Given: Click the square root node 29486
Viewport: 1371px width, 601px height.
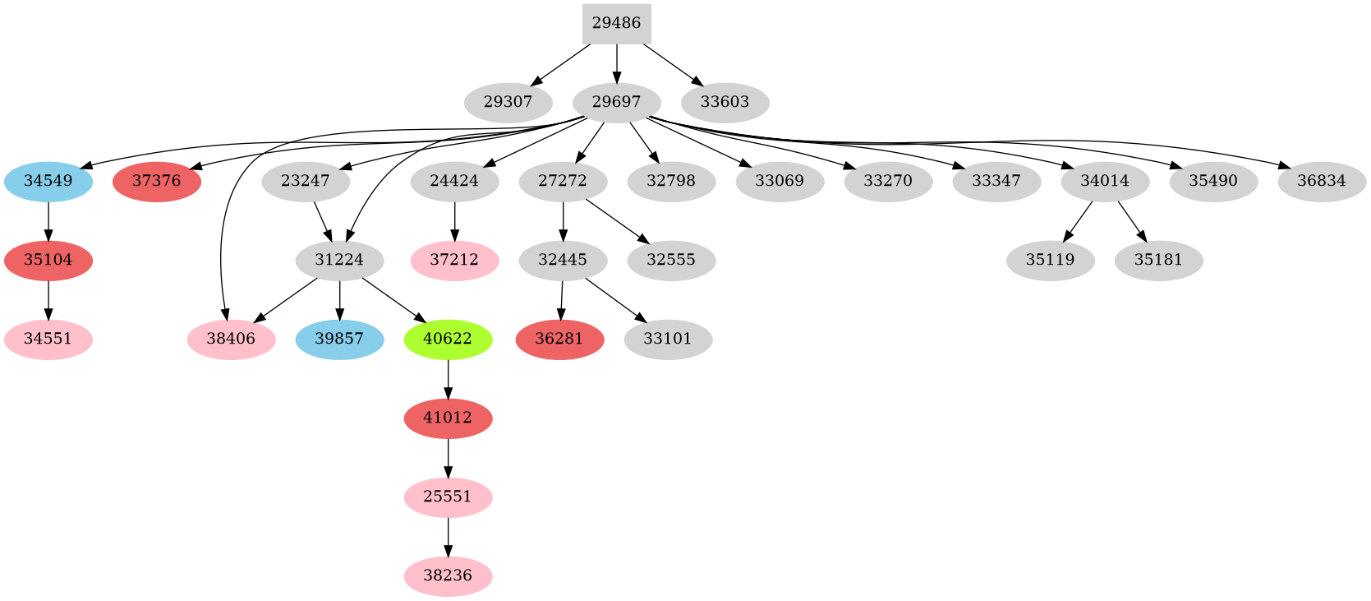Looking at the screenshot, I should pyautogui.click(x=616, y=23).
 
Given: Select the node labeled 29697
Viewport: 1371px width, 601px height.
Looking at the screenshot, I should pyautogui.click(x=616, y=103).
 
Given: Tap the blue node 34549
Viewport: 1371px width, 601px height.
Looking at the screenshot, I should pyautogui.click(x=48, y=181).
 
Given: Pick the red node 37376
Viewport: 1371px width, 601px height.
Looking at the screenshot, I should pyautogui.click(x=156, y=181).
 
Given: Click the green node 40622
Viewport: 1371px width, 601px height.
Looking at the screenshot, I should pyautogui.click(x=448, y=339).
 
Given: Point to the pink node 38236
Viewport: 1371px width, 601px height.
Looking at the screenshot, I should pyautogui.click(x=448, y=576).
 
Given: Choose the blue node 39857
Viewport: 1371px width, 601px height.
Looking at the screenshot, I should pyautogui.click(x=339, y=339).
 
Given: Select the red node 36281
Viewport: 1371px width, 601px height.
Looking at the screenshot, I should pyautogui.click(x=559, y=339).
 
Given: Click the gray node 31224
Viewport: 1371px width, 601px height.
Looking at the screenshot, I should pyautogui.click(x=339, y=260).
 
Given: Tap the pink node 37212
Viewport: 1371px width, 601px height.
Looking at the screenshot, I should pyautogui.click(x=454, y=260).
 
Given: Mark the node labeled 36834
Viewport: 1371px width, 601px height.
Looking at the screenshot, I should pyautogui.click(x=1322, y=181).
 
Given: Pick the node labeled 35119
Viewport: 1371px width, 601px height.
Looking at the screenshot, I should pyautogui.click(x=1050, y=260).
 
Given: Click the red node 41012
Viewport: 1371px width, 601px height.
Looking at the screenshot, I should pyautogui.click(x=448, y=418).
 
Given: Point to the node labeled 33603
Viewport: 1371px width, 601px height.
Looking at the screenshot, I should pyautogui.click(x=725, y=103).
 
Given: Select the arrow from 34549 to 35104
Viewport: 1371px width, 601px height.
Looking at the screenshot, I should pyautogui.click(x=48, y=220).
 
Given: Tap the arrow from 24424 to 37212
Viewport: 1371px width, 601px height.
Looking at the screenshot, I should pyautogui.click(x=454, y=220).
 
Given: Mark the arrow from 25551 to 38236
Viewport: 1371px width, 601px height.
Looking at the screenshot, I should pyautogui.click(x=448, y=536).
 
